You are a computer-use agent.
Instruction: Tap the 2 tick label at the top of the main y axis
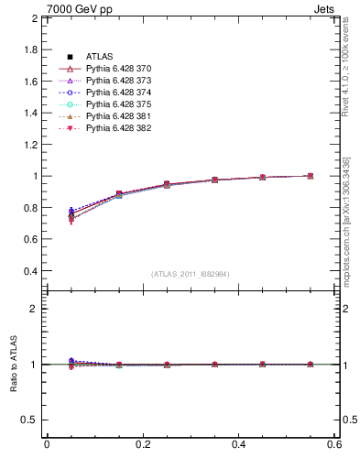[35, 18]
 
